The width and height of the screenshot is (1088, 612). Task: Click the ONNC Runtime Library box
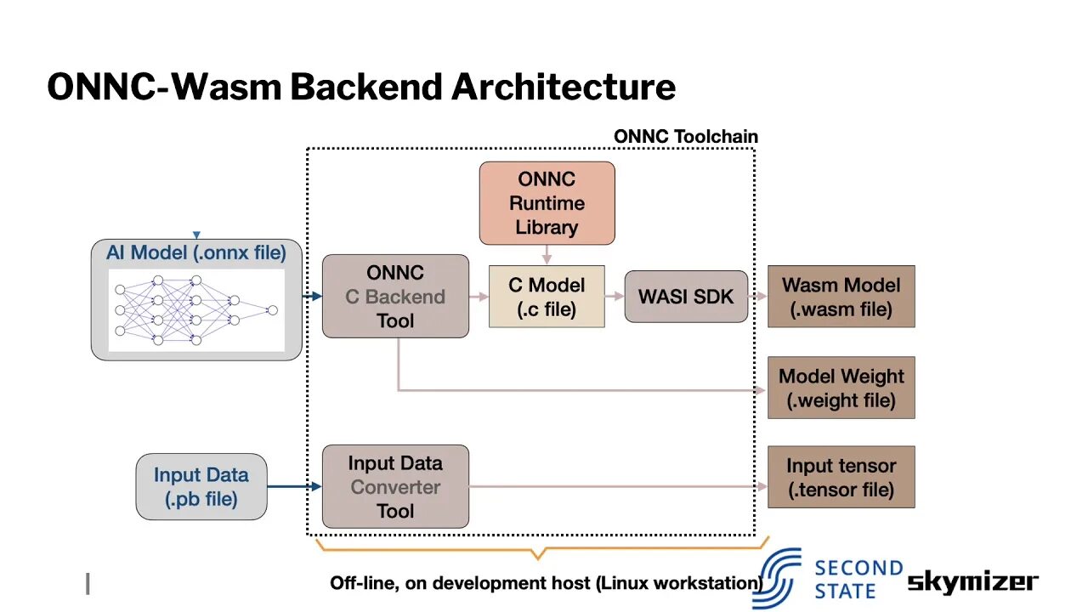(x=547, y=203)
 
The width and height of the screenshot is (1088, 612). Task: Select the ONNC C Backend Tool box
(x=395, y=297)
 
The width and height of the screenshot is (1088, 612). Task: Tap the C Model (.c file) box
(x=547, y=297)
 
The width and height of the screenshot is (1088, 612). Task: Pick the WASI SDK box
(x=686, y=297)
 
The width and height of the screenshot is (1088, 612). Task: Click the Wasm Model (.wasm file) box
(x=841, y=297)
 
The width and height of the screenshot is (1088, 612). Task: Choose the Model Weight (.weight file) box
(x=841, y=388)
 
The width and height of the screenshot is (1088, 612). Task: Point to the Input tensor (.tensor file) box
(x=841, y=477)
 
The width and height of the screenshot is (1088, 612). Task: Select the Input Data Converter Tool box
(x=395, y=487)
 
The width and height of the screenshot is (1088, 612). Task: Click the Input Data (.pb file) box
(x=201, y=487)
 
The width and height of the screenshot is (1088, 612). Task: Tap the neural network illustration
(x=196, y=310)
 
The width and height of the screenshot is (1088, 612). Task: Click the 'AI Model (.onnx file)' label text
(x=196, y=252)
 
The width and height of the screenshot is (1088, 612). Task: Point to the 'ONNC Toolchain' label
(x=685, y=136)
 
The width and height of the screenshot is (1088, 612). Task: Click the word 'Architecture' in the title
(x=563, y=87)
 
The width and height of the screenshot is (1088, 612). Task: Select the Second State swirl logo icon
(x=777, y=579)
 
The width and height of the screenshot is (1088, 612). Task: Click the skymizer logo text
(x=972, y=581)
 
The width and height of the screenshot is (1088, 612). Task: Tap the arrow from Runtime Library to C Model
(x=547, y=255)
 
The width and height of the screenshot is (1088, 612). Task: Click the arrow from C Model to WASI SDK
(x=615, y=297)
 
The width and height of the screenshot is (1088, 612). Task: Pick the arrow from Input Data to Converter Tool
(x=294, y=487)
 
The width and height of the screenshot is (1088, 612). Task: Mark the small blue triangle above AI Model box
(x=196, y=235)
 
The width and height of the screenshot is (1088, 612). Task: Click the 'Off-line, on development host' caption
(x=545, y=583)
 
